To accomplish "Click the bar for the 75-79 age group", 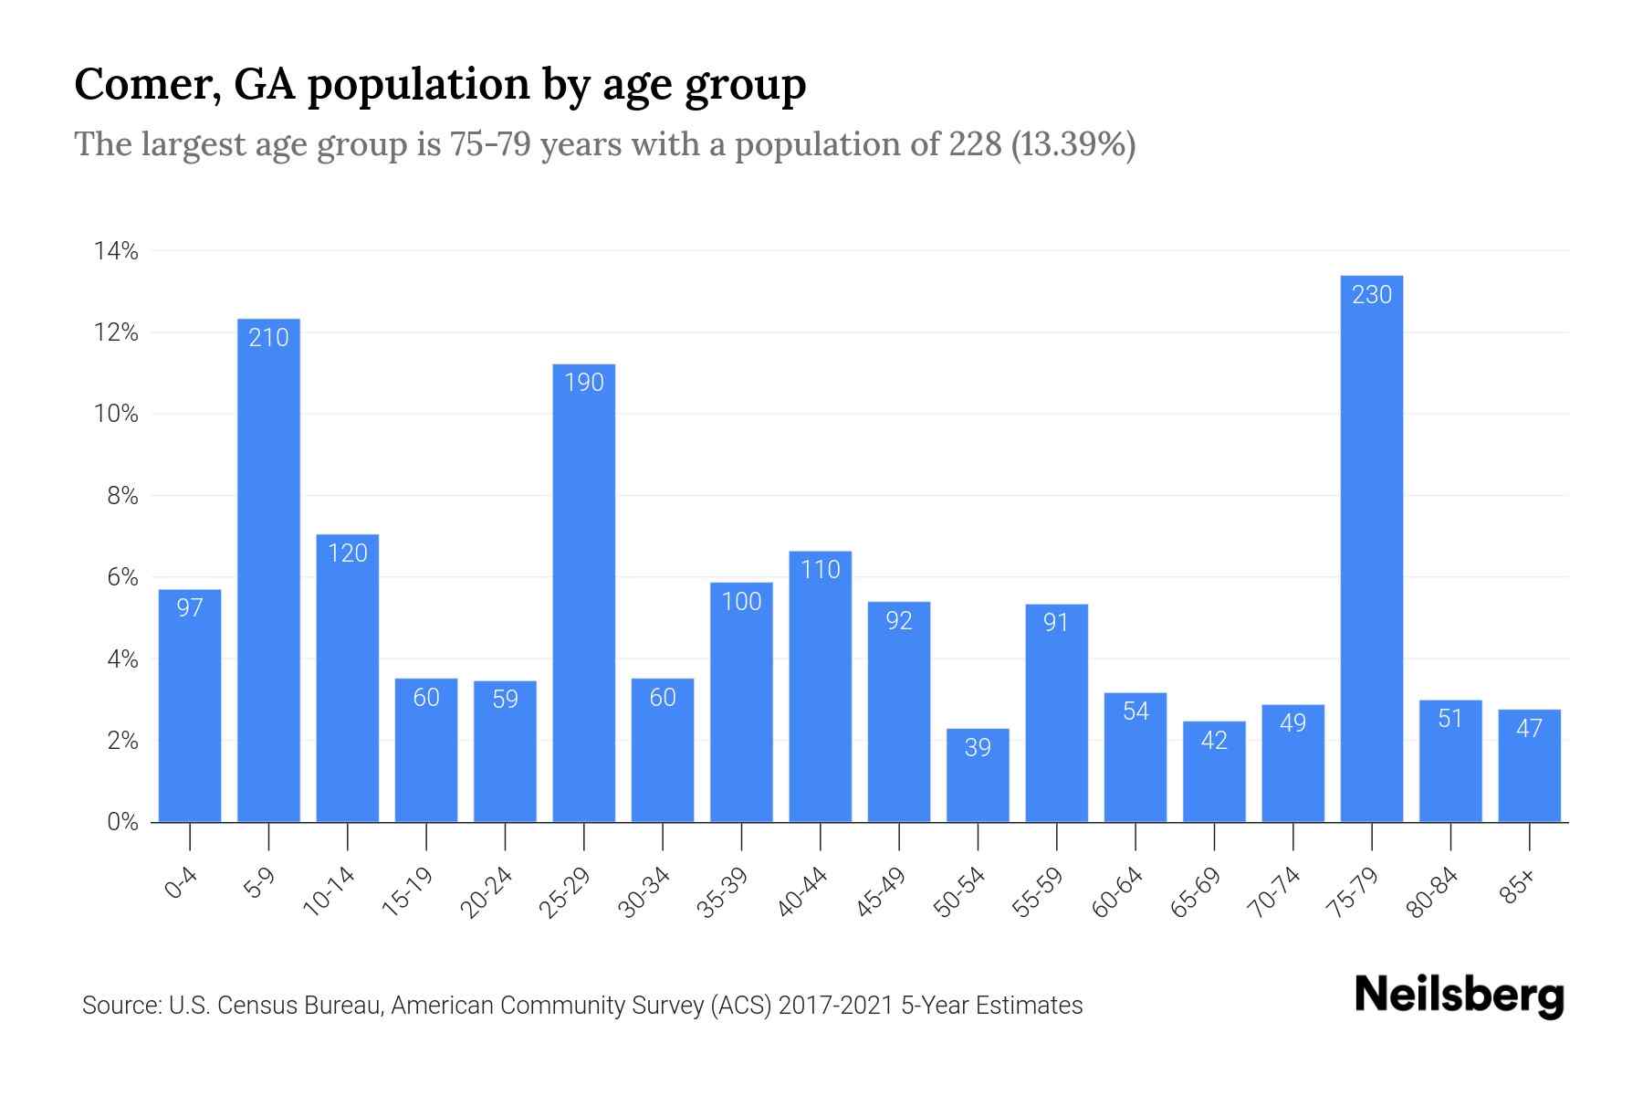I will click(x=1371, y=548).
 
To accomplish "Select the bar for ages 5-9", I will click(x=268, y=571).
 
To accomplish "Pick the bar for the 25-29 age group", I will click(x=583, y=594).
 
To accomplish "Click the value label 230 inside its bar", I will click(x=1371, y=294).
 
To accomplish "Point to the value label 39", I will click(x=978, y=747).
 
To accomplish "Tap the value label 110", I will click(x=820, y=570).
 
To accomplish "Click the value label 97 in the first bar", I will click(x=190, y=607).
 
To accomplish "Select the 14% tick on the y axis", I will click(x=117, y=251).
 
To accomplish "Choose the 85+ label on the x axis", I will click(x=1517, y=888).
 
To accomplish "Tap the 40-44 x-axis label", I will click(x=803, y=892).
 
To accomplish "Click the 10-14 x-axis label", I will click(x=330, y=892).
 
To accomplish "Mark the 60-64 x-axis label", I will click(x=1118, y=892).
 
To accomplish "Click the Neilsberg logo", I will click(x=1459, y=995).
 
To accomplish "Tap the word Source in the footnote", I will click(x=119, y=1006).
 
